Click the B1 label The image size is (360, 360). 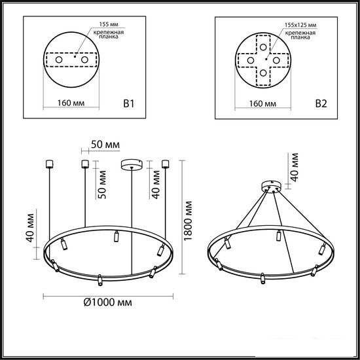128,103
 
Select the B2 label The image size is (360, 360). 321,104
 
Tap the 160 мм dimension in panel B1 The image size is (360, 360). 71,103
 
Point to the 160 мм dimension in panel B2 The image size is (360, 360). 262,103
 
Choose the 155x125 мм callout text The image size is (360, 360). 300,25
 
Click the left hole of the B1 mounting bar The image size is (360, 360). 59,60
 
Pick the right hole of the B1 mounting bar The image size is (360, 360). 84,60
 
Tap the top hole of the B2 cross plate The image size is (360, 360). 263,47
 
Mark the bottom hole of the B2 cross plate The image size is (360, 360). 263,73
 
